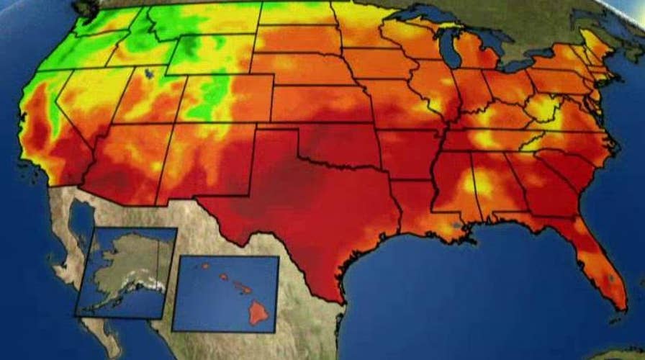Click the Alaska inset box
coord(126,272)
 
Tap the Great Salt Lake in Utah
coord(149,73)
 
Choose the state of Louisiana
coord(418,209)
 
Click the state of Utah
coord(155,97)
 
